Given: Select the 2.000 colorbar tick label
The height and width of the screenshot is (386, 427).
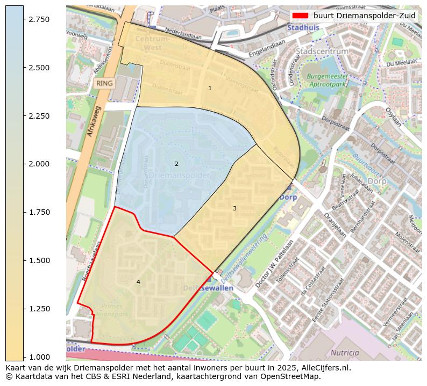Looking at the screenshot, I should pyautogui.click(x=39, y=164).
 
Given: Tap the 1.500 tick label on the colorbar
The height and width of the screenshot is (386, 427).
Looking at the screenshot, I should pyautogui.click(x=39, y=260).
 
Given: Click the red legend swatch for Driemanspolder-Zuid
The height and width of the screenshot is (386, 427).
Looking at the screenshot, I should pyautogui.click(x=299, y=16).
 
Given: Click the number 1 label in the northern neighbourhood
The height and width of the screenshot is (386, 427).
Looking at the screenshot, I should pyautogui.click(x=210, y=88).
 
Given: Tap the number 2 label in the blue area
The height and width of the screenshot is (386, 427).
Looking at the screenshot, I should pyautogui.click(x=176, y=164).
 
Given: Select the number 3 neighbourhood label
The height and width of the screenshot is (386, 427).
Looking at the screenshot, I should pyautogui.click(x=234, y=208).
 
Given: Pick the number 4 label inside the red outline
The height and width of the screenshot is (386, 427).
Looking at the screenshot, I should pyautogui.click(x=138, y=282).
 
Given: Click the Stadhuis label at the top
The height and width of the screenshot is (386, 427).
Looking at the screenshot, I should pyautogui.click(x=303, y=27).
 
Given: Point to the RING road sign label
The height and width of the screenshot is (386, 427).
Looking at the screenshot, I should pyautogui.click(x=104, y=83).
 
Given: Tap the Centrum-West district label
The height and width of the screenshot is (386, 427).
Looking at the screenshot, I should pyautogui.click(x=153, y=43).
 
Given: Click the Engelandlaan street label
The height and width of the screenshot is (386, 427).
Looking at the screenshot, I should pyautogui.click(x=267, y=48).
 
